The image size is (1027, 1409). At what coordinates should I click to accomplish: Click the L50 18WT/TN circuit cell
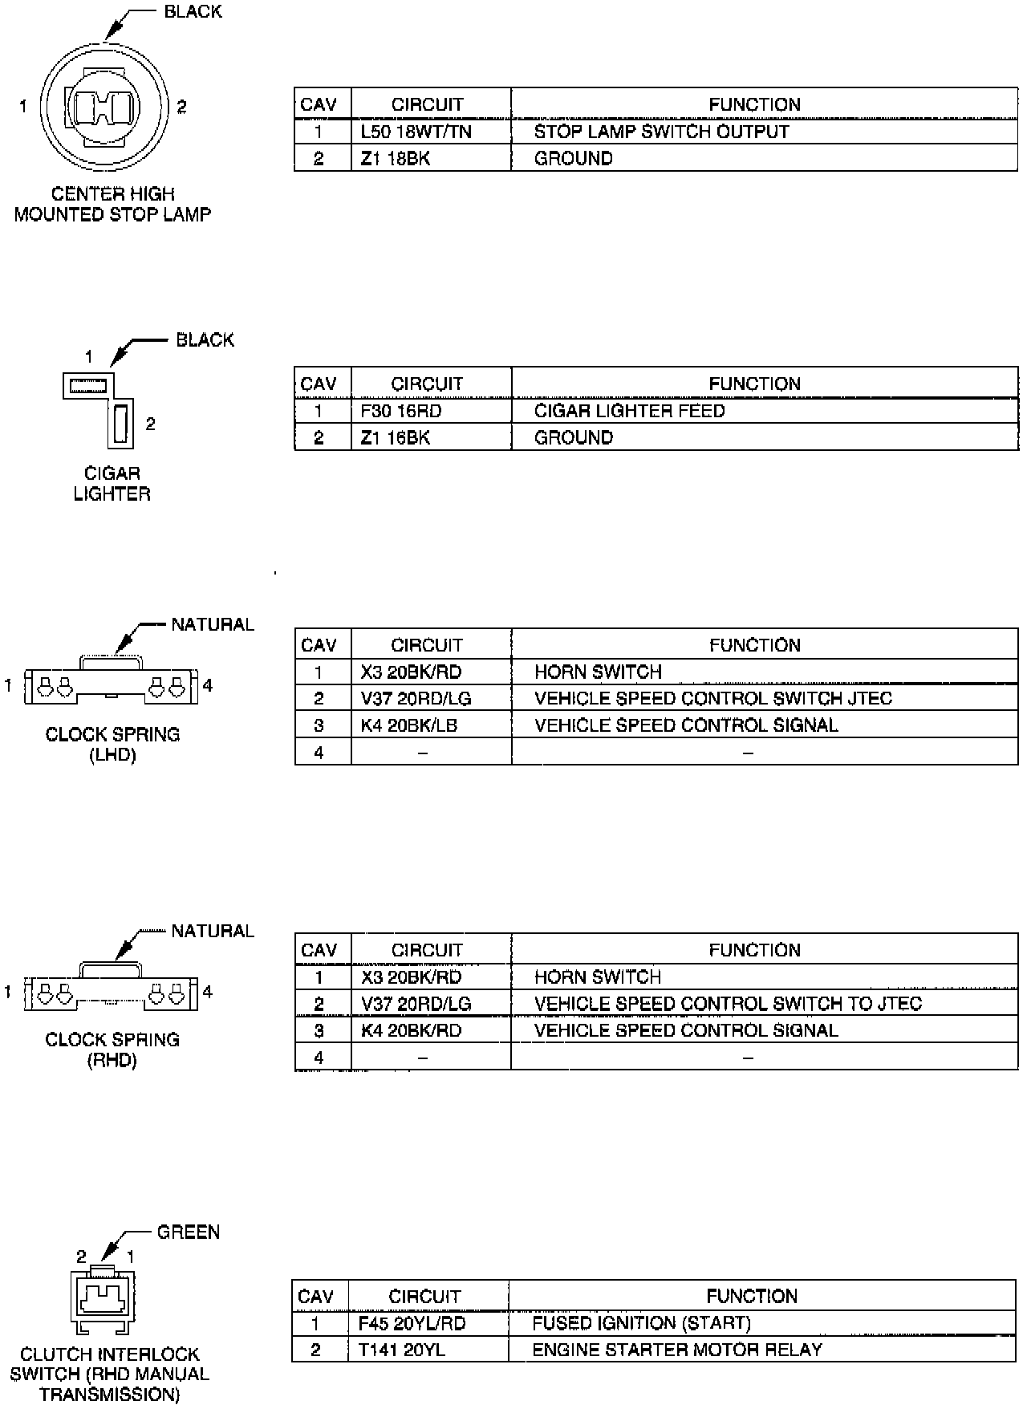pos(416,132)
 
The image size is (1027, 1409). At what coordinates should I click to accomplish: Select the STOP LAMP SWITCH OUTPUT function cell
pos(661,132)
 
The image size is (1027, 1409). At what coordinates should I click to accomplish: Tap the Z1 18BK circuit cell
pos(396,159)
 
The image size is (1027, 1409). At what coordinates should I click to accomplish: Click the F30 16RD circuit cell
pos(401,411)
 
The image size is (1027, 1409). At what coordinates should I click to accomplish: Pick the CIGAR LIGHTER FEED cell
pos(629,411)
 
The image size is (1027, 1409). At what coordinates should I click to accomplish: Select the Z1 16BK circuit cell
pos(396,438)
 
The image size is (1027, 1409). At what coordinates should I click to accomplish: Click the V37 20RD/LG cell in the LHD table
pos(416,699)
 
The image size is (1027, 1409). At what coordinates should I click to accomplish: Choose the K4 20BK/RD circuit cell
pos(411,1030)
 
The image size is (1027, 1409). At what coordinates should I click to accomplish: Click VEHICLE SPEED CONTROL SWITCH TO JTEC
pos(728,1004)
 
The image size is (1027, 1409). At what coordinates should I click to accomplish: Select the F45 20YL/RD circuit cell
pos(412,1323)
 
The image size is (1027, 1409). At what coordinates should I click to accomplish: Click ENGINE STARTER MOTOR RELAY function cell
pos(677,1350)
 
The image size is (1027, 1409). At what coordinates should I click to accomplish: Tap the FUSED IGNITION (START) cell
pos(641,1323)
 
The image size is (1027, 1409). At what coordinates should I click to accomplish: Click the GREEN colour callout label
pos(189,1232)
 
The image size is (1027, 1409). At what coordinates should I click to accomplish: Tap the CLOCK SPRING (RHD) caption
pos(112,1050)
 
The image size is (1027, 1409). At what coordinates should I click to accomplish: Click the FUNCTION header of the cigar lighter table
pos(754,384)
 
